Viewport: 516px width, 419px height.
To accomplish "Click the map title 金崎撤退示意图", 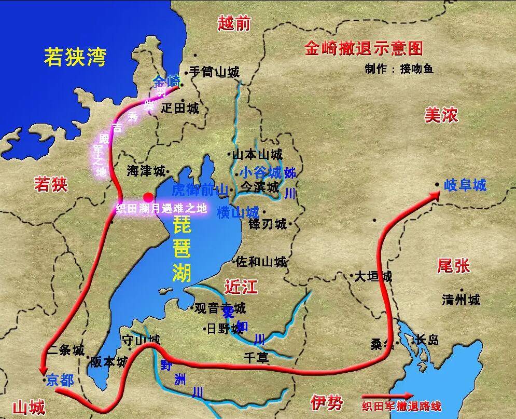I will (364, 49).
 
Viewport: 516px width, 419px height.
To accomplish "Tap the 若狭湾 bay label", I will (75, 57).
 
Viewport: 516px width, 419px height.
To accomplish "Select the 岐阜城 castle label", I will (465, 185).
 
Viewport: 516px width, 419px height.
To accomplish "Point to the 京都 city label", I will (60, 381).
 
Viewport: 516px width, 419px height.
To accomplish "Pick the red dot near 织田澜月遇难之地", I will (148, 197).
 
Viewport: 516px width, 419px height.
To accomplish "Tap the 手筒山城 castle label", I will (214, 72).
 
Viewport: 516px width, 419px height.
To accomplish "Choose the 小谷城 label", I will (260, 173).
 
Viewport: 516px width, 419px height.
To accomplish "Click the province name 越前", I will (234, 23).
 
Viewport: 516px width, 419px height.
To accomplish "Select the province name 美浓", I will (441, 115).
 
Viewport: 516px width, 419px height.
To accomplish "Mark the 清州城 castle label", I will (461, 300).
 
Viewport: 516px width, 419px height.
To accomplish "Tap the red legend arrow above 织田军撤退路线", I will (388, 396).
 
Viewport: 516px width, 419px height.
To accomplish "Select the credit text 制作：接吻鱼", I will (399, 69).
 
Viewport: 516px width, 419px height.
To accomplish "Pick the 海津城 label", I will (146, 171).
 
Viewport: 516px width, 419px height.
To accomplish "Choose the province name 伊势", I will (327, 401).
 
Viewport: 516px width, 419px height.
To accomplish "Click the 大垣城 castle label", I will (373, 276).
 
